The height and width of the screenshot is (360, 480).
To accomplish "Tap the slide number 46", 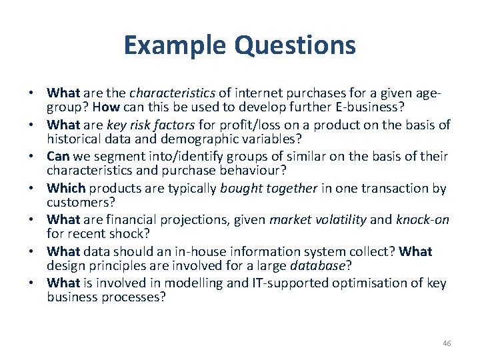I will point(447,343).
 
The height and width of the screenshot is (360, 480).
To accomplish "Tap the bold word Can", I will point(59,157).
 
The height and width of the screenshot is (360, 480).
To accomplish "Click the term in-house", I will point(197,252).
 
